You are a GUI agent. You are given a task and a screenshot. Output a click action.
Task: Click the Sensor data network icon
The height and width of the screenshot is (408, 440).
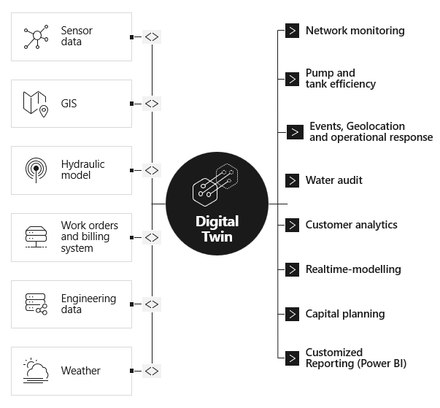36,37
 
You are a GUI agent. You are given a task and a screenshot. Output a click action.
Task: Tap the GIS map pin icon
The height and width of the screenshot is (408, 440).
36,104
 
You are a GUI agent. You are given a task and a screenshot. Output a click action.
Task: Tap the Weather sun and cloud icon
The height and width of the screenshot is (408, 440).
36,371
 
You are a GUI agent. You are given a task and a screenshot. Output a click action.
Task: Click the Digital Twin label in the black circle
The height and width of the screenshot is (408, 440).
217,228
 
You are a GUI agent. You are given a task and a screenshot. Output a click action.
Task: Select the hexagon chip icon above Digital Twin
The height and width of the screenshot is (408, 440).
215,184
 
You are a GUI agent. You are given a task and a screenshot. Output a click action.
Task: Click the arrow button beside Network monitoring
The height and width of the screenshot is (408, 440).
292,31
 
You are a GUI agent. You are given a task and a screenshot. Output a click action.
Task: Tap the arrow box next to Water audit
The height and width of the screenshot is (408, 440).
292,180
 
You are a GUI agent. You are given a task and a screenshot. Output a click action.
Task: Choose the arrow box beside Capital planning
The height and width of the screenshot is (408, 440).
292,314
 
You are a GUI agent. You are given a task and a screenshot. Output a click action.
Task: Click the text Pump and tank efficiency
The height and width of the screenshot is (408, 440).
341,78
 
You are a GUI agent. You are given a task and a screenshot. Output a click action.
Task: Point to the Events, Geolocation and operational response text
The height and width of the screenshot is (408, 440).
371,132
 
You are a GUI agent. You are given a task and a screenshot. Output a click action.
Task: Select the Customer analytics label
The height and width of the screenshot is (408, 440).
351,225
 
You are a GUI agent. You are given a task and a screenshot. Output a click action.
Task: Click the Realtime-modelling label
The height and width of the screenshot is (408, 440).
353,269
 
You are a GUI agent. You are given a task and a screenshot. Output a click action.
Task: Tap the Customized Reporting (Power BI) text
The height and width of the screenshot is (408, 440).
355,358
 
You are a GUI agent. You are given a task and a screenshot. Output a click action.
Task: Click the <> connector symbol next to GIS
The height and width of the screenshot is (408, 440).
151,104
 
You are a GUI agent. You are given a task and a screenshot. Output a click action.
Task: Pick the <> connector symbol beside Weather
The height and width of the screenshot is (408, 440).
151,371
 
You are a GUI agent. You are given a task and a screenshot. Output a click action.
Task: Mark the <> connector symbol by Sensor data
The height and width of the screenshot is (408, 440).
151,36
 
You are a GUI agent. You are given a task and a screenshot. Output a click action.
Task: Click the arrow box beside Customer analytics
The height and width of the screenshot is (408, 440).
292,225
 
